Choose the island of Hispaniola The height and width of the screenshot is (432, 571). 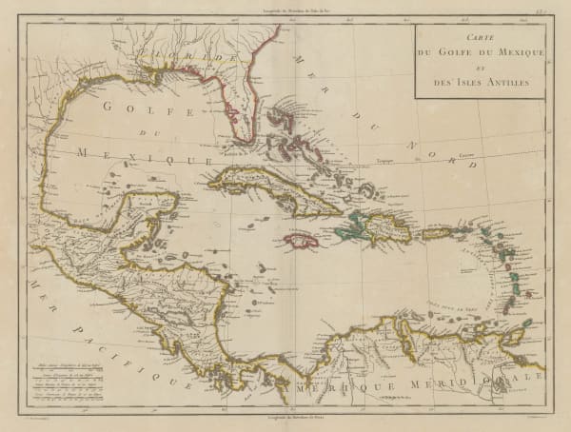pos(376,228)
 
